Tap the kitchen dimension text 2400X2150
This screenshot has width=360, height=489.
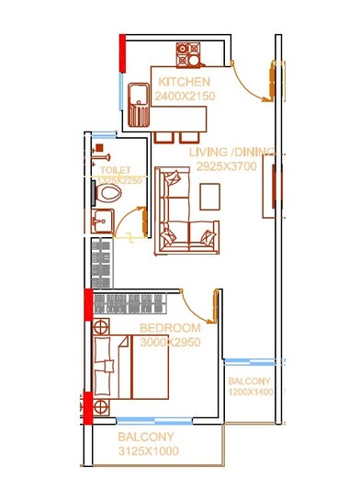click(185, 97)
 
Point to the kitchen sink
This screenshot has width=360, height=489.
click(140, 101)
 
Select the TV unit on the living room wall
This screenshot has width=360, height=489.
click(269, 187)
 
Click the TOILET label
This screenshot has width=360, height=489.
click(115, 170)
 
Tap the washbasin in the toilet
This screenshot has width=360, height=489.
click(101, 222)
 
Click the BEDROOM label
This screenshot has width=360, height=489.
click(170, 328)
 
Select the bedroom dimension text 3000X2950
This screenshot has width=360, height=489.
click(170, 342)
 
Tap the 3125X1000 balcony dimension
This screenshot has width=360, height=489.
click(148, 451)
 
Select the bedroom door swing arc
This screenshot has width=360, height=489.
click(197, 303)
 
